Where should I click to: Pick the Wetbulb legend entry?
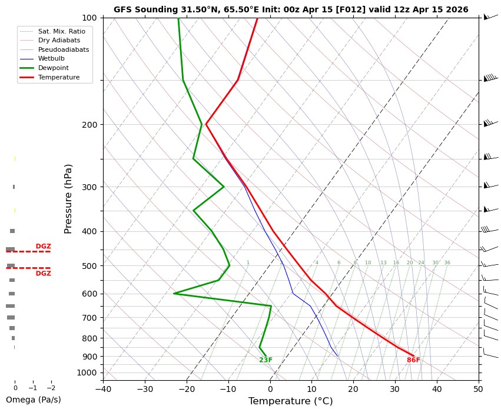[51, 58]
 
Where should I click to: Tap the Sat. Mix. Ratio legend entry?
[61, 30]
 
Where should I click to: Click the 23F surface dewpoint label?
[266, 360]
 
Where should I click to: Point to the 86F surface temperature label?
[413, 360]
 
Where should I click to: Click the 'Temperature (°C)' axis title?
[291, 401]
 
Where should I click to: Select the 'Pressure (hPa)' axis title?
[68, 198]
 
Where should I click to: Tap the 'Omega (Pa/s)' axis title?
[33, 400]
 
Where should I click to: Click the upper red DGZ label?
[43, 247]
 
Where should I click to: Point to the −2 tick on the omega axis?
[51, 388]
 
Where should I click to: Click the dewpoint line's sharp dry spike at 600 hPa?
[174, 293]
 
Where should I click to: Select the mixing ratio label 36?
[447, 263]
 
